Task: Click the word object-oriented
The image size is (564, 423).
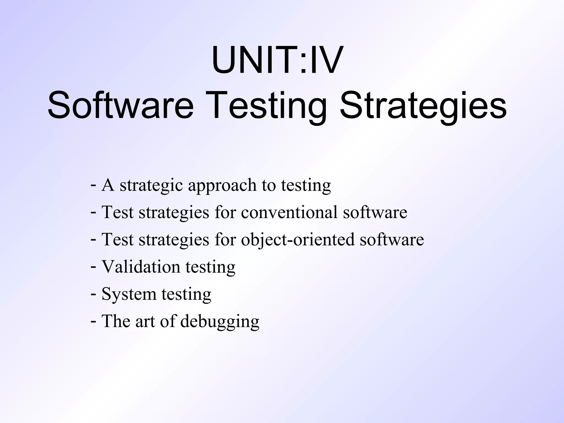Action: click(x=298, y=240)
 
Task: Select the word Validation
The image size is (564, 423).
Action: click(x=141, y=267)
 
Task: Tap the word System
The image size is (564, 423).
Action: click(x=129, y=294)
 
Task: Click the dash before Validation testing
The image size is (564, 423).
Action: click(x=93, y=267)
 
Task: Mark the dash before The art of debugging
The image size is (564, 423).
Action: click(x=93, y=321)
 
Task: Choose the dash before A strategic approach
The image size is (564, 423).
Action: click(x=93, y=185)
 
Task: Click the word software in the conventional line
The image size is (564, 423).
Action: click(x=375, y=212)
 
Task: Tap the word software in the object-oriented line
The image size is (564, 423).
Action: click(x=392, y=240)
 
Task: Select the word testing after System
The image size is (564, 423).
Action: click(x=186, y=294)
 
